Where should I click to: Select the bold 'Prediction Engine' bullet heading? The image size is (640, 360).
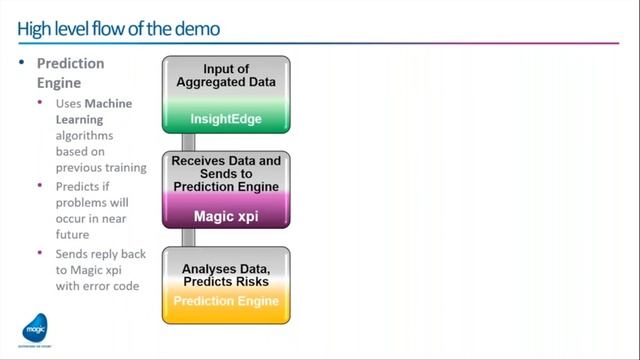[70, 72]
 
